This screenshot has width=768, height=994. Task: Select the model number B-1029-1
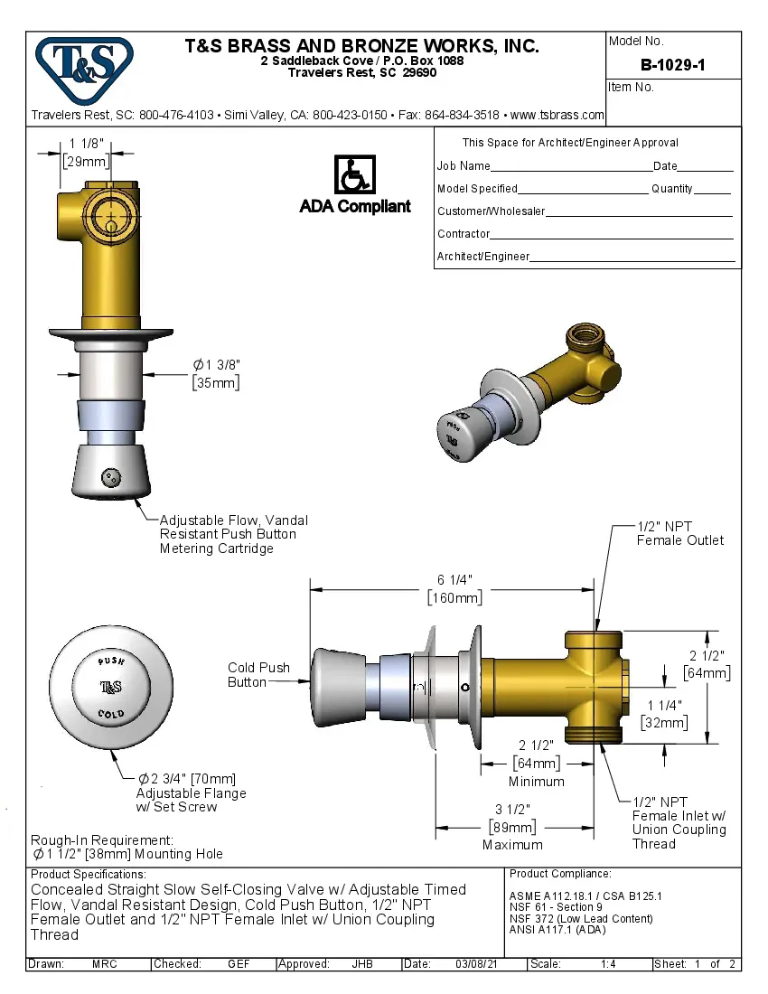point(672,65)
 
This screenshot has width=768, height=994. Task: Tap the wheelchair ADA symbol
point(354,174)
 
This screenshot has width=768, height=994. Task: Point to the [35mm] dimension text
point(216,382)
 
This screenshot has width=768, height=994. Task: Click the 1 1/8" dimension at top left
point(87,144)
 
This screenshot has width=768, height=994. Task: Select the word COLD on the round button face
point(111,714)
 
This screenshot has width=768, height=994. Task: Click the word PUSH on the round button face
point(111,662)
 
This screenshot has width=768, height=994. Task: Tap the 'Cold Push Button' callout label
point(258,675)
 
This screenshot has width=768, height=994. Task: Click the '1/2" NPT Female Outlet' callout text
point(679,533)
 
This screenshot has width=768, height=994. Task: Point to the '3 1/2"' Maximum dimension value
point(512,809)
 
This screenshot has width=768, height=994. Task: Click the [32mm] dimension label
point(664,722)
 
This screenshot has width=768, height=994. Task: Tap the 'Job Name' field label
point(464,166)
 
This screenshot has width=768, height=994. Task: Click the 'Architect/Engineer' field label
point(483,257)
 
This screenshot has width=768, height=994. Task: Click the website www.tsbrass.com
point(557,115)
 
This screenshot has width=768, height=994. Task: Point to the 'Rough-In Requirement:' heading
point(101,839)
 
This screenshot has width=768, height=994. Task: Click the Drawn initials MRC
point(104,964)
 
